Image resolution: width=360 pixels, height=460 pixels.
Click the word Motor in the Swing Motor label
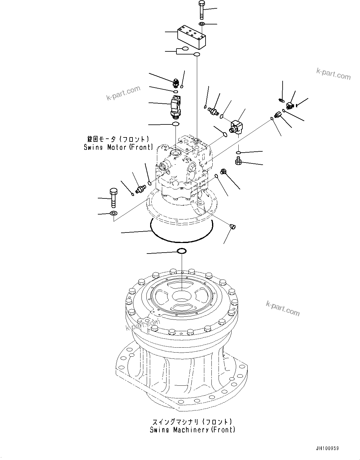[x=117, y=147]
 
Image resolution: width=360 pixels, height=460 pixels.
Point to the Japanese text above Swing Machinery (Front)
[x=192, y=422]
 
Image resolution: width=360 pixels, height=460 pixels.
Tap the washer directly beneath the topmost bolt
[x=202, y=24]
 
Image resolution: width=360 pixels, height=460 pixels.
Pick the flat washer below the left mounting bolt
[x=113, y=213]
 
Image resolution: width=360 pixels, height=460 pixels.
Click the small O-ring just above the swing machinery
[x=181, y=251]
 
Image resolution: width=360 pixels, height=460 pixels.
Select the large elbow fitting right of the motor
[x=236, y=127]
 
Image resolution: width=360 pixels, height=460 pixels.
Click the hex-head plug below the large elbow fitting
[x=238, y=161]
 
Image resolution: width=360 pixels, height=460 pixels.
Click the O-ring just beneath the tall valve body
[x=176, y=124]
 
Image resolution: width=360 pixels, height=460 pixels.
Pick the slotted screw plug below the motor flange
[x=233, y=227]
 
